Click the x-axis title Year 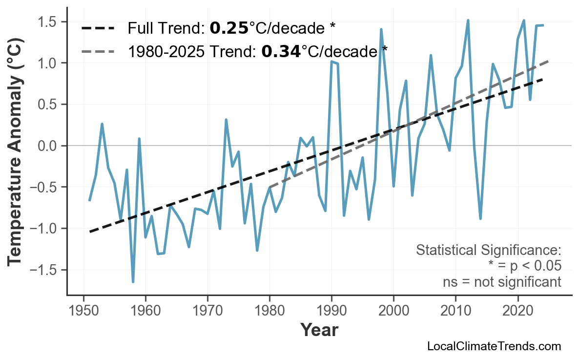(319, 330)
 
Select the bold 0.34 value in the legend (281, 51)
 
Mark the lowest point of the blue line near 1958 (133, 282)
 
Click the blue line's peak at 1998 (381, 29)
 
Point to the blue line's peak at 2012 (468, 21)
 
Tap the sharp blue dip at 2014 (480, 219)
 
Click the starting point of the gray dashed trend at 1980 (269, 188)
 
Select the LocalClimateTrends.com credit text (494, 346)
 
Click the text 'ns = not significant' (501, 282)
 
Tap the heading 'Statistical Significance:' (488, 251)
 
